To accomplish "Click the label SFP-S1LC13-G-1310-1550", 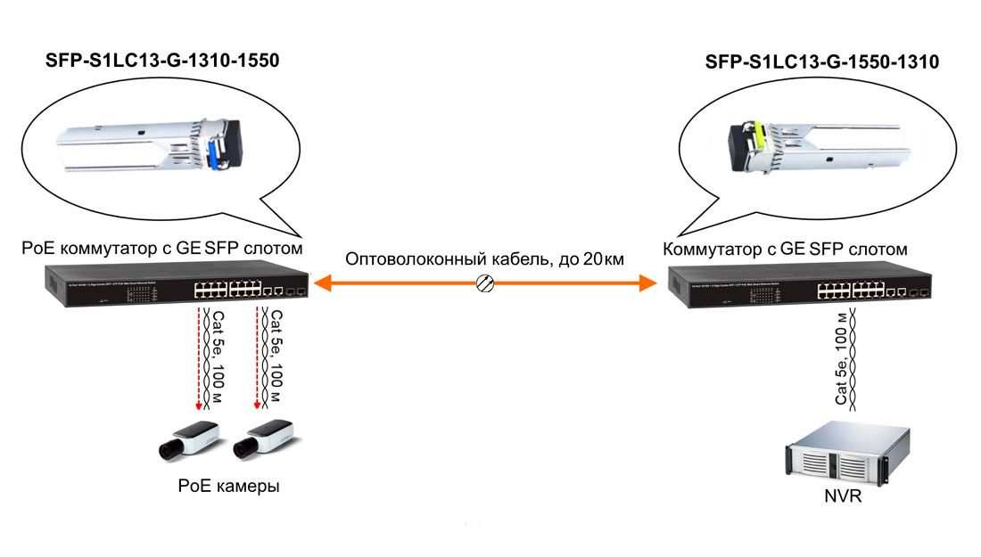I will [x=162, y=61].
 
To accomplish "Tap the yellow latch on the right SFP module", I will [x=761, y=136].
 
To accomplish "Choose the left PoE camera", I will [x=185, y=440].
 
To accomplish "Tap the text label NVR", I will [x=844, y=496].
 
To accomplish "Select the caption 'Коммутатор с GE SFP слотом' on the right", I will [x=786, y=249].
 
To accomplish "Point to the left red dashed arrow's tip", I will [x=199, y=412].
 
